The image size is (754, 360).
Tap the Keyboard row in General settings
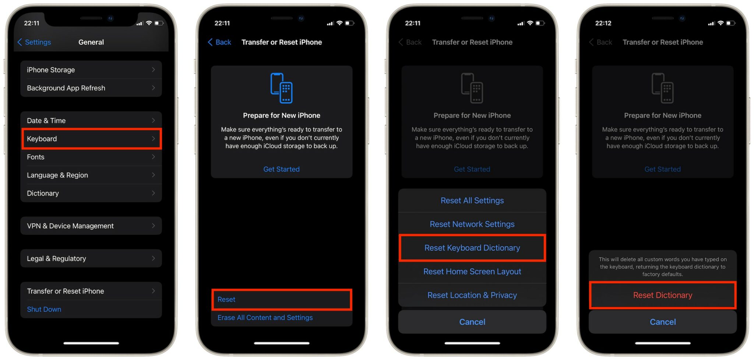click(91, 139)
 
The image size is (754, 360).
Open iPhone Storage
click(91, 70)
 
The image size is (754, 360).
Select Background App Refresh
click(91, 88)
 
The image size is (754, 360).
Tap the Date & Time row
click(91, 121)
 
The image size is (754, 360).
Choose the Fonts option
click(91, 157)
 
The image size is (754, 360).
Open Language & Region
click(91, 175)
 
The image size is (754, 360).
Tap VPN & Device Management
click(91, 226)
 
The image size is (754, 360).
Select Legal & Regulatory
click(91, 258)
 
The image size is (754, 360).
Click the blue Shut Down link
click(44, 309)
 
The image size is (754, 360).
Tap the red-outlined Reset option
click(282, 300)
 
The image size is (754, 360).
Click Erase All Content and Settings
click(265, 318)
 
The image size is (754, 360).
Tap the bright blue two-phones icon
click(282, 88)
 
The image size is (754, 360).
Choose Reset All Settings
click(472, 201)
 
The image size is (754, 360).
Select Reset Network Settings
click(472, 224)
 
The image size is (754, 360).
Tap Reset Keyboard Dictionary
click(472, 248)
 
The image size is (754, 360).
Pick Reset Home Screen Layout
click(472, 272)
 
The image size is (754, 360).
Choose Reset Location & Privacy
click(472, 295)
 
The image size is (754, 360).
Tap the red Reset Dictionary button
click(662, 295)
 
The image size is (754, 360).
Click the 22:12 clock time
click(603, 23)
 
